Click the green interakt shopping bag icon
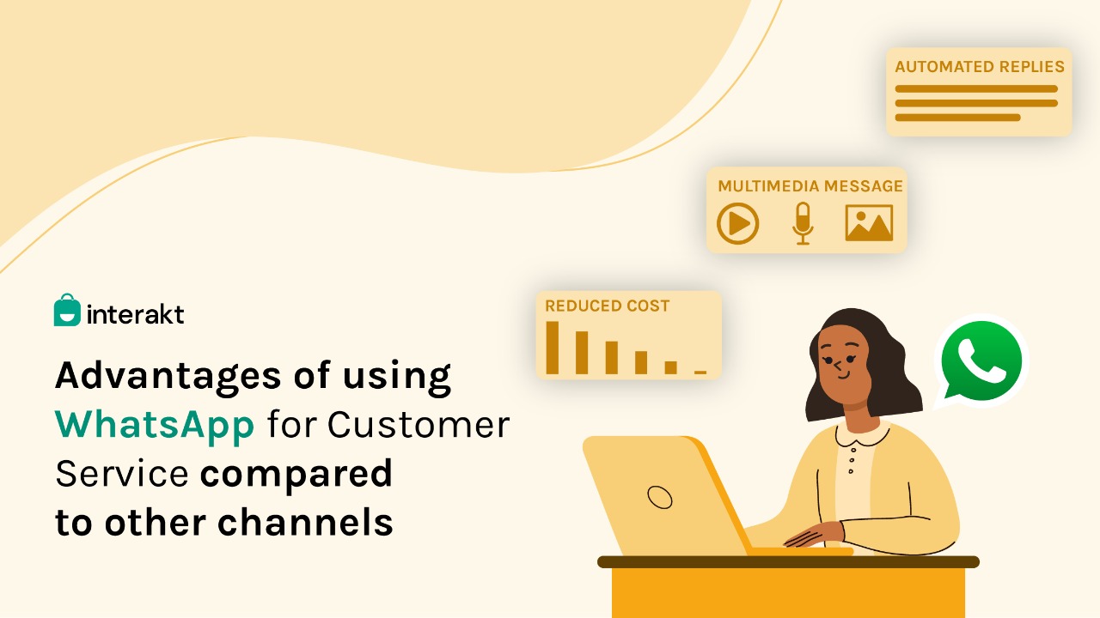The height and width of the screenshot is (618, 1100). [67, 310]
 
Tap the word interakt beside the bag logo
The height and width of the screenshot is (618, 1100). [135, 314]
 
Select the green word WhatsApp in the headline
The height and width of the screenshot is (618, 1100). [155, 425]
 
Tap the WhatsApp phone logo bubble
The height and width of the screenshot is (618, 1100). [981, 362]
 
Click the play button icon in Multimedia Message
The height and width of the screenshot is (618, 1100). [737, 224]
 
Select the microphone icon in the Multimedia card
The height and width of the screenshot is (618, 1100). [803, 223]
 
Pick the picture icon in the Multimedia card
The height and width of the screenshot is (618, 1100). [869, 223]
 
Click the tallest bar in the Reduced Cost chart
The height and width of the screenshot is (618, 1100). [553, 348]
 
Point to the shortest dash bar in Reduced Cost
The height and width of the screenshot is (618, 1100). [700, 373]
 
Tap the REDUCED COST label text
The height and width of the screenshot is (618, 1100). [607, 306]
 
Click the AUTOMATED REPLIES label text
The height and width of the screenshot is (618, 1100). [979, 67]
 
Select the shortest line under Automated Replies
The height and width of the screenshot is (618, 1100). [957, 118]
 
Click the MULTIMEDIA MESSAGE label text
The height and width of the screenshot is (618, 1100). [810, 186]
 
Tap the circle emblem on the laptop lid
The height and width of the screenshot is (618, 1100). [659, 497]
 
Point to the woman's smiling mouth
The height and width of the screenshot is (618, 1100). [844, 376]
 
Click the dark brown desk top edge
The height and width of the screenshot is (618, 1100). [788, 562]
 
